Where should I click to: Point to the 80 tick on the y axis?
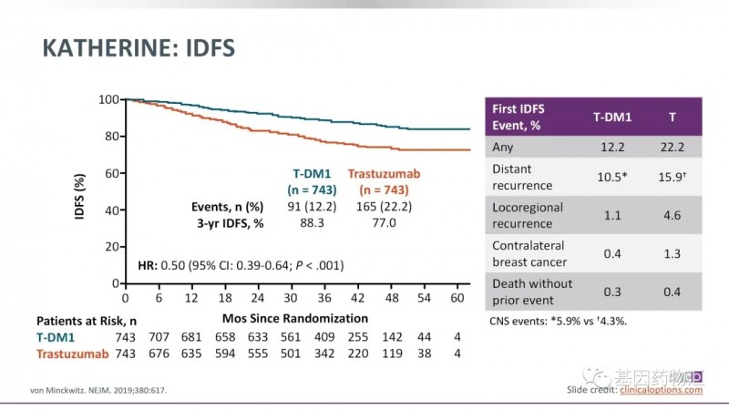pos(108,136)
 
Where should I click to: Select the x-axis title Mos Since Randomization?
pos(295,319)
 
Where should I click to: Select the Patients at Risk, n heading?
pos(87,321)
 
